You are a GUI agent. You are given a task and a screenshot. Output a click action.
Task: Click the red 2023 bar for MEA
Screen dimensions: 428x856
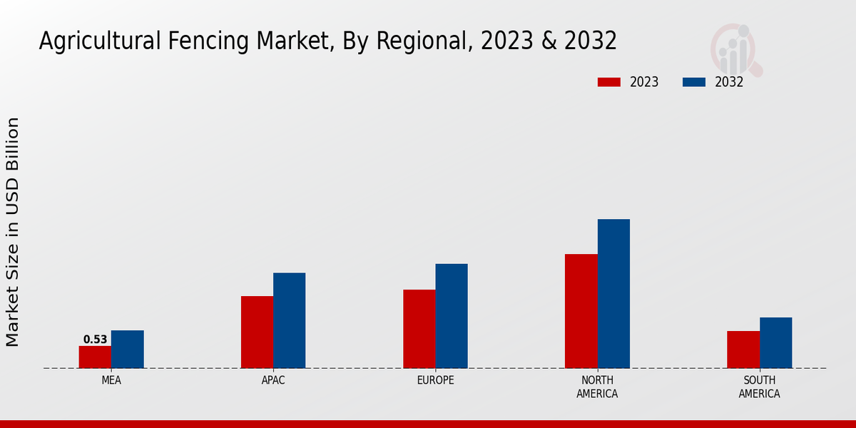95,357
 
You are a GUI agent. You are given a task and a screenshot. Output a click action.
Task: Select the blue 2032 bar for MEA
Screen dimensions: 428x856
127,350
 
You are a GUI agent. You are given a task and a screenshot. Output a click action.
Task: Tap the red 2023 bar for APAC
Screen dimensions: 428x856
257,332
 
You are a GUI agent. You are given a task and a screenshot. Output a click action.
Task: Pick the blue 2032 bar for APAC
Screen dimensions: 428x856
289,320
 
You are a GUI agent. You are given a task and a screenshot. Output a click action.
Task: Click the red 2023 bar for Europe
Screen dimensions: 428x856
419,329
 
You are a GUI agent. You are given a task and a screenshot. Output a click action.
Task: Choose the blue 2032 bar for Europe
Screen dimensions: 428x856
452,316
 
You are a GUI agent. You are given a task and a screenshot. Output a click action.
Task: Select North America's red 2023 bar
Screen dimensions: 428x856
581,311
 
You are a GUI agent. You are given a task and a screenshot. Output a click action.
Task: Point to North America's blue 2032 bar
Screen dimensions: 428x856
613,293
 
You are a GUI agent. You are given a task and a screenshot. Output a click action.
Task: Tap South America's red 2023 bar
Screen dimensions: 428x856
743,350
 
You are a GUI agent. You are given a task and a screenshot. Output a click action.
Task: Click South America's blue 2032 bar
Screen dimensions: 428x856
775,342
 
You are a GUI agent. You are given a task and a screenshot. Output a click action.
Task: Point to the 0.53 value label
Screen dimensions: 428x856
95,340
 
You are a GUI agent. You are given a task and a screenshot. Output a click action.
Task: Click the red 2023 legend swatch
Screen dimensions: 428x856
608,82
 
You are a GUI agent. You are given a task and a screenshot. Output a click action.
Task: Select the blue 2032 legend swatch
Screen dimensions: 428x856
693,82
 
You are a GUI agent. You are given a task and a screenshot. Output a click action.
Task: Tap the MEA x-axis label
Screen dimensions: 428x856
111,380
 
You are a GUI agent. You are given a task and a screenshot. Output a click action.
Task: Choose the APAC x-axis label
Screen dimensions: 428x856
273,380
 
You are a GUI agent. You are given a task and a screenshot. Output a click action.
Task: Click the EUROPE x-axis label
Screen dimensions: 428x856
435,380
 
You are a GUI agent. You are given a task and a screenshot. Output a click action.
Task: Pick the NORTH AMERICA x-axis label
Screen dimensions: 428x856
597,387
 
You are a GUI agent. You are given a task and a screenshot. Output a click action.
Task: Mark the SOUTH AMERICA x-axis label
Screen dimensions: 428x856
759,387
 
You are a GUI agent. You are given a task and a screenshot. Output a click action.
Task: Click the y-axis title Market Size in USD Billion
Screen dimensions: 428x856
13,232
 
